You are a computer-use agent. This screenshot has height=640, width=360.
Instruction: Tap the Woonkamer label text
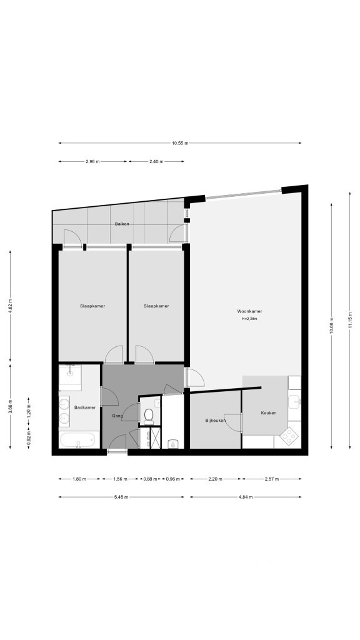pyautogui.click(x=249, y=311)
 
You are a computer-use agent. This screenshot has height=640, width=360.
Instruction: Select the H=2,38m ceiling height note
pyautogui.click(x=249, y=318)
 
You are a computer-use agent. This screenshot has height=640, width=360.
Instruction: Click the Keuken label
pyautogui.click(x=269, y=412)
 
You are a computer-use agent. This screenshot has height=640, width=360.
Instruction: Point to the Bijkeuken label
pyautogui.click(x=216, y=420)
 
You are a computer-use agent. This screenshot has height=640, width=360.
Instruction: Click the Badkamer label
pyautogui.click(x=85, y=407)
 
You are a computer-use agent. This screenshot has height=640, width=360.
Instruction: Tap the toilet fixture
pyautogui.click(x=149, y=415)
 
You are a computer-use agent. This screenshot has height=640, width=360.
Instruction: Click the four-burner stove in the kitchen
pyautogui.click(x=289, y=436)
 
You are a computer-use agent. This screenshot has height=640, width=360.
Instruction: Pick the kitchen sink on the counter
pyautogui.click(x=294, y=401)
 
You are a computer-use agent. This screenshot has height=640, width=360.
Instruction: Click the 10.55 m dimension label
pyautogui.click(x=180, y=143)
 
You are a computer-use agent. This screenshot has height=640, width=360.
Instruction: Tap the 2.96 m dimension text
pyautogui.click(x=92, y=161)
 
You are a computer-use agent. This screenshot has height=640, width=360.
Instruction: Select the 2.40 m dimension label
pyautogui.click(x=156, y=161)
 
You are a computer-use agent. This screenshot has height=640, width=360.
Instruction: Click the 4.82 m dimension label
pyautogui.click(x=10, y=306)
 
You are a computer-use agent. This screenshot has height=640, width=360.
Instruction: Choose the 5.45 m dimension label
pyautogui.click(x=121, y=497)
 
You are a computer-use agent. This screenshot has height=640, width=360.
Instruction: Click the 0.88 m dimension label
pyautogui.click(x=150, y=479)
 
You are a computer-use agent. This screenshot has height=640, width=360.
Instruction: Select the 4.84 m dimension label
pyautogui.click(x=245, y=497)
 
